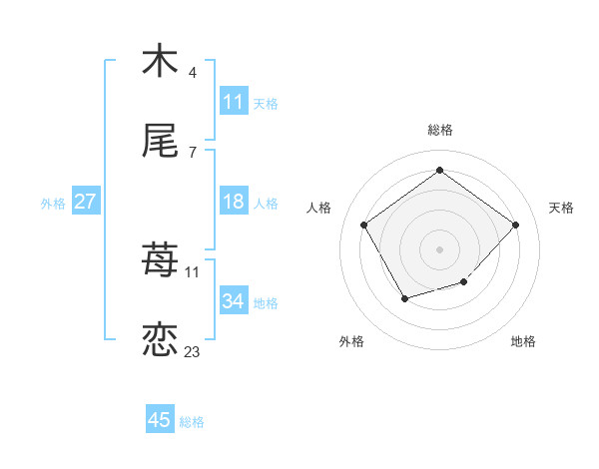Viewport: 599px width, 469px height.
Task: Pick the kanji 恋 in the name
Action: click(x=160, y=338)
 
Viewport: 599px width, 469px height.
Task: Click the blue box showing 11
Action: click(x=233, y=102)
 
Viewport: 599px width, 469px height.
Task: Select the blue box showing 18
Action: click(x=233, y=203)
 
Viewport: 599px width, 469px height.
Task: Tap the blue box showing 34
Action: click(x=233, y=301)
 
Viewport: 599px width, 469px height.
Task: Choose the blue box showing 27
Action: click(x=85, y=203)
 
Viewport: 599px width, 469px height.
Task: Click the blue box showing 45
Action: click(x=160, y=420)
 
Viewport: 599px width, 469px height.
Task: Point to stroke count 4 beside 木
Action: click(x=192, y=72)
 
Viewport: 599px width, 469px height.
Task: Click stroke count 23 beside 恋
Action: click(x=192, y=351)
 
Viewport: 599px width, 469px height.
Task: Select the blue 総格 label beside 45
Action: click(x=192, y=422)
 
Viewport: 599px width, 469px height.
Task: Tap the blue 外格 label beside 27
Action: click(x=53, y=204)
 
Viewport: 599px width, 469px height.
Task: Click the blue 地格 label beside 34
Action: click(x=266, y=302)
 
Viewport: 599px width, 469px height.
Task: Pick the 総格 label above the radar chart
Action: click(x=439, y=130)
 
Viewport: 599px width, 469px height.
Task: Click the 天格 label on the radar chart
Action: click(x=561, y=208)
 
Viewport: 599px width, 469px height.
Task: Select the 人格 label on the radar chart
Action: click(x=319, y=208)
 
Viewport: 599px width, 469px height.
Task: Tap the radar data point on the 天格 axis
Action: click(x=515, y=225)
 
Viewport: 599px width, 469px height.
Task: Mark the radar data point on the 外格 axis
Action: click(x=404, y=298)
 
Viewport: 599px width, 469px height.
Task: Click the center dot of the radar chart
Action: click(x=439, y=248)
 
